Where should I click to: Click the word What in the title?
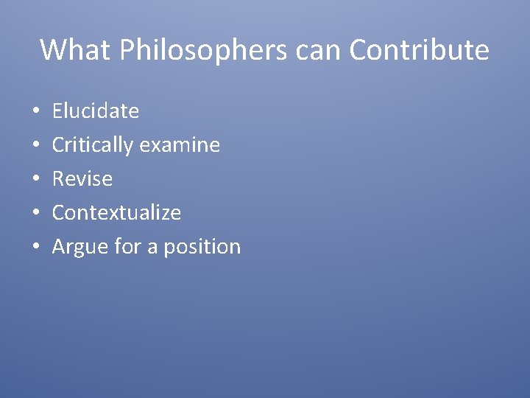[x=73, y=50]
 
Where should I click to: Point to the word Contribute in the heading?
[x=420, y=50]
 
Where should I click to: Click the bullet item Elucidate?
[x=95, y=111]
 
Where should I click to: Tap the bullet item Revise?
[x=82, y=179]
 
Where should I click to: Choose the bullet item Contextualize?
[x=116, y=213]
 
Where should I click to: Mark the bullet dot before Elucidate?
[x=35, y=112]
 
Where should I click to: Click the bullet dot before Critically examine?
[x=35, y=146]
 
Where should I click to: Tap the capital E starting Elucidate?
[x=57, y=111]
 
